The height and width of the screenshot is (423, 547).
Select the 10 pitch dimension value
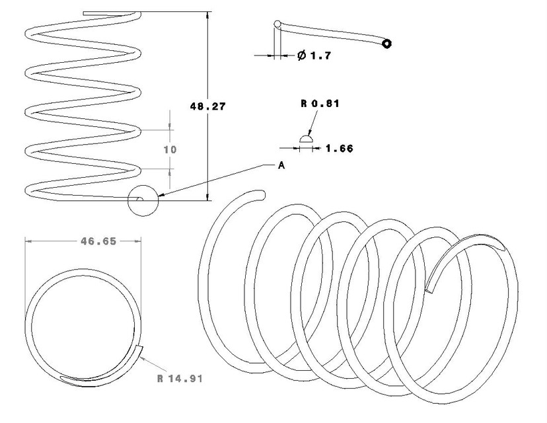(x=170, y=149)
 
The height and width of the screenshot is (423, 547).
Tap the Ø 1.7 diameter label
(x=314, y=56)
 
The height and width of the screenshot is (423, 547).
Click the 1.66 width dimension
(x=339, y=149)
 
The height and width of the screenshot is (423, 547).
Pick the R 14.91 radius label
(x=180, y=379)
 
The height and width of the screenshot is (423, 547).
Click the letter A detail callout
(x=281, y=166)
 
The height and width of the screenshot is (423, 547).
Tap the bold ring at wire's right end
(x=386, y=44)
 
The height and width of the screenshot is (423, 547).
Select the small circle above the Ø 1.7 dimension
(x=278, y=25)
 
